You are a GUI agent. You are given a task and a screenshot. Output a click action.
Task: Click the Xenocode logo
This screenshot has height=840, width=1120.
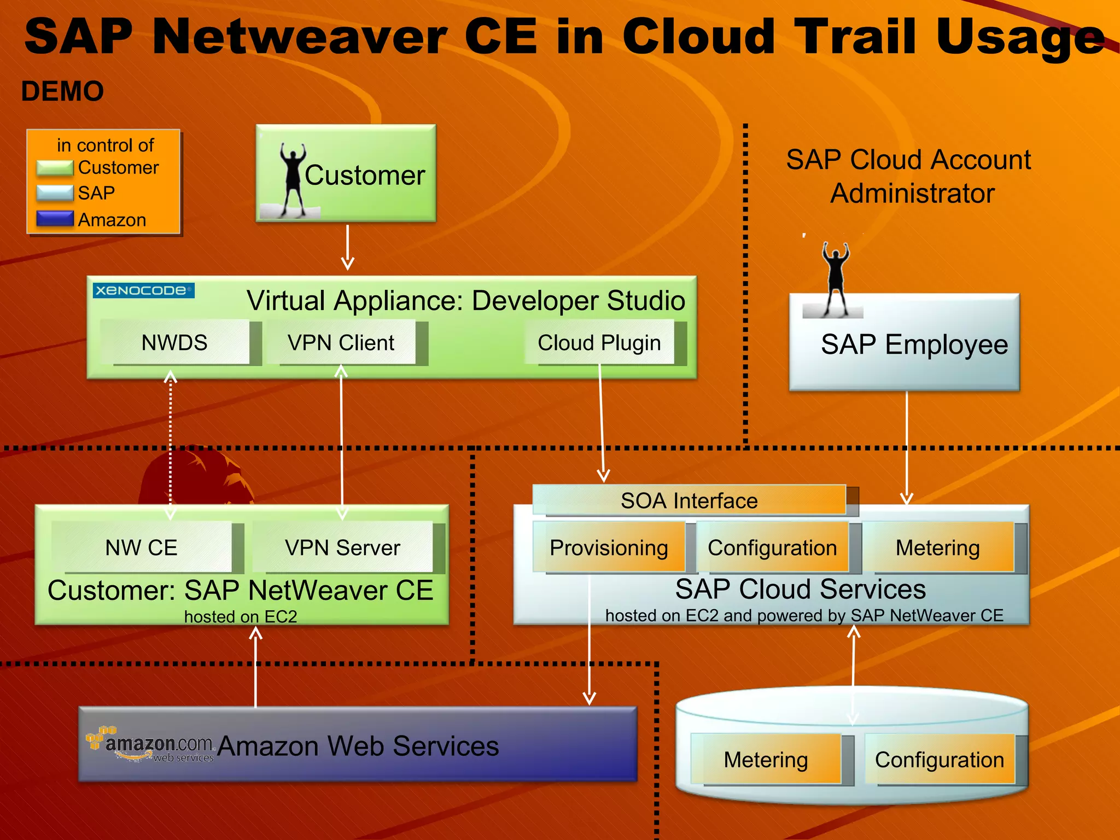pos(143,290)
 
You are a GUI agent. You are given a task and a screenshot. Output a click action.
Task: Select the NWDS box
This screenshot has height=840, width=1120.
pos(175,343)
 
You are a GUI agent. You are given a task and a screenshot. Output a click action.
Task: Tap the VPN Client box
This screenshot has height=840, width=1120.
pos(341,343)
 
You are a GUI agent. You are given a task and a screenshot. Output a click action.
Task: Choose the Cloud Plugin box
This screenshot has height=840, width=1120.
pos(599,343)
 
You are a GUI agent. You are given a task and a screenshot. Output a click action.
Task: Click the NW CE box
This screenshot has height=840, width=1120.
pos(142,547)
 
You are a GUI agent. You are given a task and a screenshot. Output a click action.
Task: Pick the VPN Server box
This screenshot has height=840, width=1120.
pos(342,547)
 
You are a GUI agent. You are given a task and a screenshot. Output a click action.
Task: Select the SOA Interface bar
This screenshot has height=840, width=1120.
pos(689,500)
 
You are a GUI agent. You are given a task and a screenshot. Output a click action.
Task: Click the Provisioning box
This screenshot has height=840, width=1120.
pos(609,547)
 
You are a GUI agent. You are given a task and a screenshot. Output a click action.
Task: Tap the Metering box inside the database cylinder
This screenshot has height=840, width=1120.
pos(766,759)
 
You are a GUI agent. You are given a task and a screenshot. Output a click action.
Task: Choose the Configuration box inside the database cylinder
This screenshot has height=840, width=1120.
pos(940,759)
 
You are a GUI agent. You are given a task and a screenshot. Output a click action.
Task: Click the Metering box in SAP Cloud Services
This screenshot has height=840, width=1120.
pos(937,547)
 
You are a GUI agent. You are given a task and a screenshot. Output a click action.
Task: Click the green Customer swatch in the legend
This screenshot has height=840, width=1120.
pos(55,168)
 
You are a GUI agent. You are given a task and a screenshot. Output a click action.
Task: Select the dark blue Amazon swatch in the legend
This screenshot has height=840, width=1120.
pos(55,219)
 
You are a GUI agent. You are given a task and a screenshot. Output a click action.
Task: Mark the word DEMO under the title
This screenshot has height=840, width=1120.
pos(62,91)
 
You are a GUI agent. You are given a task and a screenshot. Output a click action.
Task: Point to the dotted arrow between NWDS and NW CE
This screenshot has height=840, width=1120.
pos(171,443)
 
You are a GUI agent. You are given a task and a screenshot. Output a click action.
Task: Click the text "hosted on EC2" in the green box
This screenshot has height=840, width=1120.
pos(241,616)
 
